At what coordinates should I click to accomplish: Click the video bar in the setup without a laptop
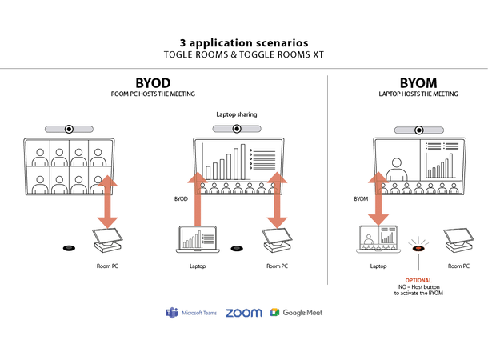69,129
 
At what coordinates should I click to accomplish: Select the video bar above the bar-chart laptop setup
236,129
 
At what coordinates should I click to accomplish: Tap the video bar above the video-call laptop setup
419,130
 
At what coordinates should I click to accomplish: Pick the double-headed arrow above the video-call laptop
378,197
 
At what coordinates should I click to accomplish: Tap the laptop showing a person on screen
378,238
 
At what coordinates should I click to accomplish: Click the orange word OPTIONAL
418,281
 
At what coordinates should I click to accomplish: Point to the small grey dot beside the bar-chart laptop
237,248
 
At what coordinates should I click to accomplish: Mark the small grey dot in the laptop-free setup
70,248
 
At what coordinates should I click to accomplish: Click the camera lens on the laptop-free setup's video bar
70,129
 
